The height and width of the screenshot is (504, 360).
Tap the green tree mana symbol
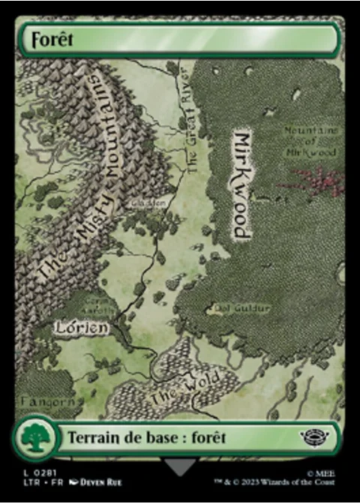coord(34,437)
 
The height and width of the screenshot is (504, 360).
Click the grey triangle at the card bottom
coord(180,467)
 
